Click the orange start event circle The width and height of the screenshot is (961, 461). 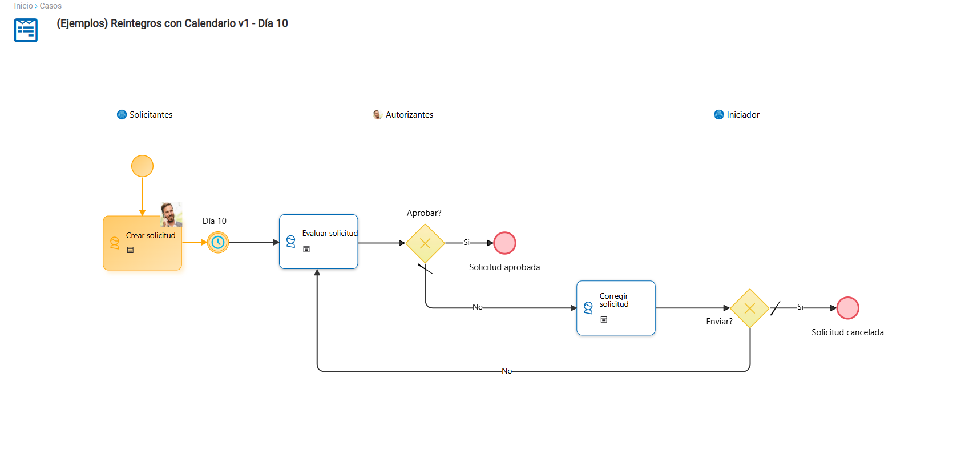pyautogui.click(x=142, y=166)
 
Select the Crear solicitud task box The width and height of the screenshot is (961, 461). pyautogui.click(x=142, y=243)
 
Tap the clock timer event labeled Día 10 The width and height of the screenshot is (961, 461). pyautogui.click(x=218, y=242)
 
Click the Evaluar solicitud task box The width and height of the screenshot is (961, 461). pyautogui.click(x=318, y=242)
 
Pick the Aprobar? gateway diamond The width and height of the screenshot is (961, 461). pyautogui.click(x=425, y=243)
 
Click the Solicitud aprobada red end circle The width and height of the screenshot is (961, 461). pyautogui.click(x=504, y=243)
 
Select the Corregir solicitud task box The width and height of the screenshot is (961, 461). pyautogui.click(x=616, y=308)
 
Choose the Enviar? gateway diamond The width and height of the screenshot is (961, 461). pyautogui.click(x=749, y=308)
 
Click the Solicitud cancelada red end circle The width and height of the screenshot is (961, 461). pyautogui.click(x=848, y=308)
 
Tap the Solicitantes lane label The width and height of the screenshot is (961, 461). pyautogui.click(x=151, y=115)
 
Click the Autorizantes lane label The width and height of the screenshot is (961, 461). pyautogui.click(x=409, y=115)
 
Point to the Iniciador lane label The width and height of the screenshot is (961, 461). pyautogui.click(x=743, y=115)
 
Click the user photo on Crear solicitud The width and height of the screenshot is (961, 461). pyautogui.click(x=171, y=214)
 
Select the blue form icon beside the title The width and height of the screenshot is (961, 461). pyautogui.click(x=26, y=30)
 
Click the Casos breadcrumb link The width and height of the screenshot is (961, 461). pyautogui.click(x=51, y=6)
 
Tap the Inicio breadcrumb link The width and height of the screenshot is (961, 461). pyautogui.click(x=23, y=6)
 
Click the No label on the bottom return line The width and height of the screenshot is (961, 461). pyautogui.click(x=507, y=371)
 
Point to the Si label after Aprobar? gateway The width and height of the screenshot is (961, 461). pyautogui.click(x=466, y=243)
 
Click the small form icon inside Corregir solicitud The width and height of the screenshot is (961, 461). pyautogui.click(x=604, y=320)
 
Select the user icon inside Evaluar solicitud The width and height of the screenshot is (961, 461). pyautogui.click(x=291, y=242)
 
